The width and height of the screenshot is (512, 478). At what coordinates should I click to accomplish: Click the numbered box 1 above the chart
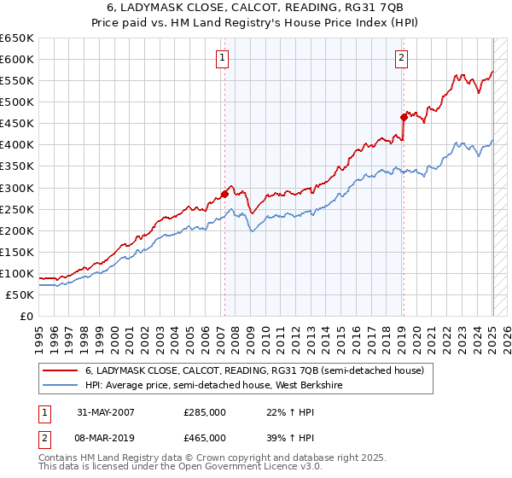222,59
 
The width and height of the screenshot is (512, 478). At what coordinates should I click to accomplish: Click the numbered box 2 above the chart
401,59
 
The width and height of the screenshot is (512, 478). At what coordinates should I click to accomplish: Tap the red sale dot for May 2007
224,194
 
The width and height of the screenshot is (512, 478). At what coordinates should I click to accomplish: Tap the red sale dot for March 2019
403,117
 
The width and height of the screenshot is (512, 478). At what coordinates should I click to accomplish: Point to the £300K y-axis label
16,188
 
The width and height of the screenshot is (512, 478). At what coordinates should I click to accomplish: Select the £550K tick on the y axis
16,80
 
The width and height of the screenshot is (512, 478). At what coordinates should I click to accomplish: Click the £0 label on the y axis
25,316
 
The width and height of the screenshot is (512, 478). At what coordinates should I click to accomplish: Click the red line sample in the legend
59,370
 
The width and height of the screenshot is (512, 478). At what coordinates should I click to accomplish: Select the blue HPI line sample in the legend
59,385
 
